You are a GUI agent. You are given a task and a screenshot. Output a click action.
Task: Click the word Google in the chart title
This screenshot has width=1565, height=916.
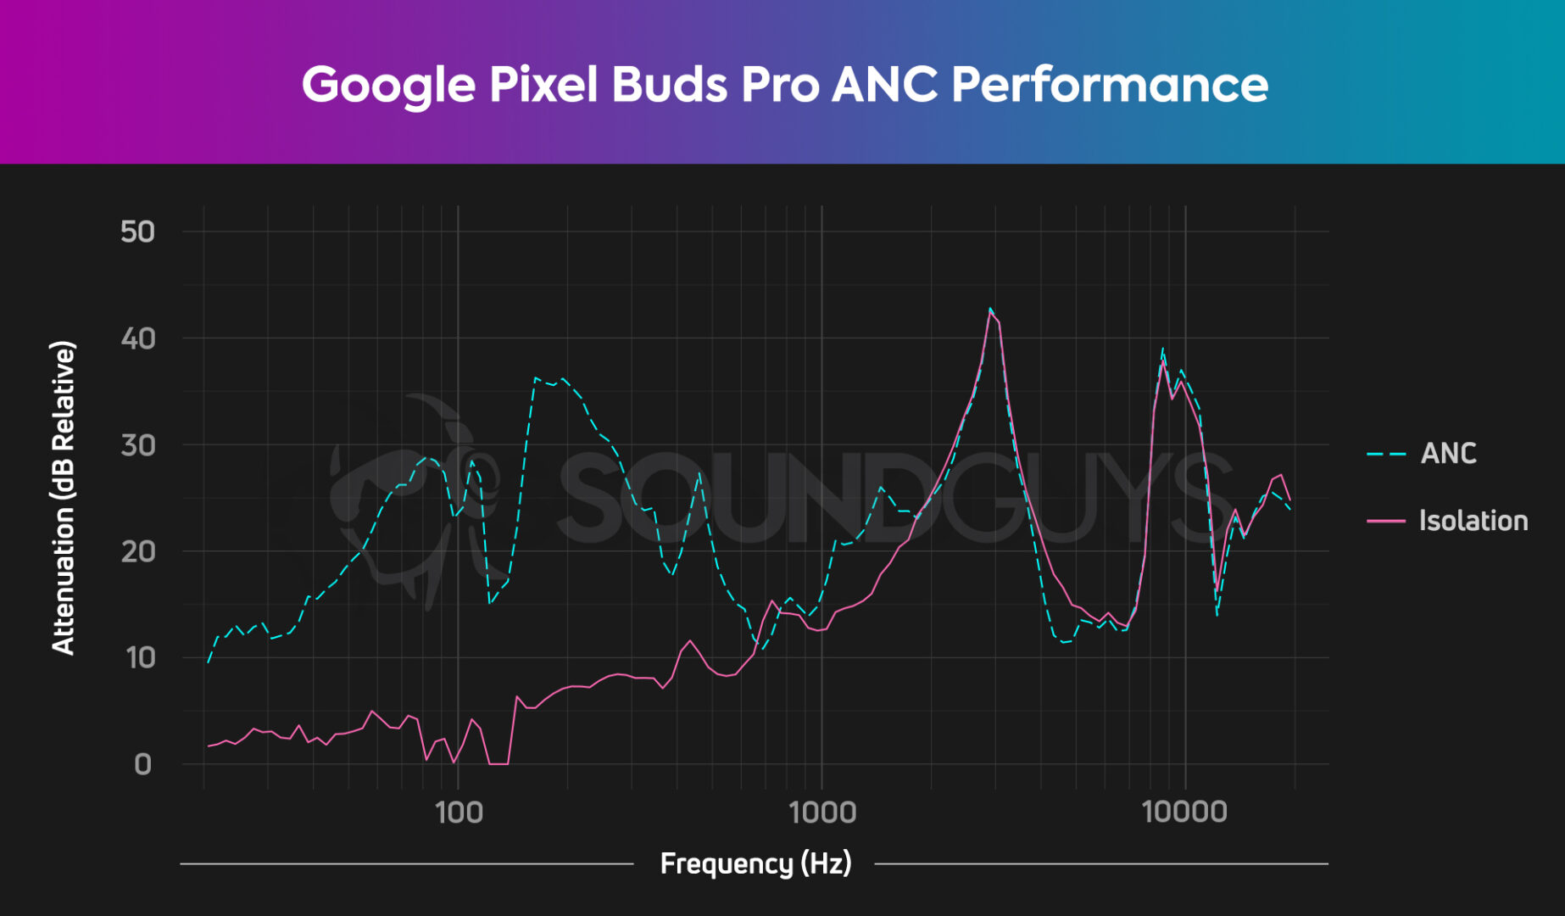388,85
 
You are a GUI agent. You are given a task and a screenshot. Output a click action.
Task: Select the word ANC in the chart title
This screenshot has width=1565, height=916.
883,85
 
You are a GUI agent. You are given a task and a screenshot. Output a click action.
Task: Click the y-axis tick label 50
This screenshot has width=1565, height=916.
137,232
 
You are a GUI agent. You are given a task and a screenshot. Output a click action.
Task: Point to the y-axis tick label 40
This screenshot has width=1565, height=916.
137,338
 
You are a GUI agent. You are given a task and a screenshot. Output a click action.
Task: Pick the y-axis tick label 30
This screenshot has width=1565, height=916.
137,445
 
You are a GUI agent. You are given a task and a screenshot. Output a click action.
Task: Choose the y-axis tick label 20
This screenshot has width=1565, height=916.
137,551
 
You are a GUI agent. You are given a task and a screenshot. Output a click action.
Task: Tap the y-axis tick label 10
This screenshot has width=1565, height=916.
137,658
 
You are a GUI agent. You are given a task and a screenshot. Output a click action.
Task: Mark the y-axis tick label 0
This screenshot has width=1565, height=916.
142,764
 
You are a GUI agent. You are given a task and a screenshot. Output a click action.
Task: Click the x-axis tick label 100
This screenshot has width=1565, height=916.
459,813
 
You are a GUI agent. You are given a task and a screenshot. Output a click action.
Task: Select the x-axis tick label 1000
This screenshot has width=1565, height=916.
821,813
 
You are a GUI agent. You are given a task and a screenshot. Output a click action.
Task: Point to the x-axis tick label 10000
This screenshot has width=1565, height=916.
1184,813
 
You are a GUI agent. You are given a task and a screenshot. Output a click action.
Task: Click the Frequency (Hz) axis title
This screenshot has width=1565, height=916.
755,863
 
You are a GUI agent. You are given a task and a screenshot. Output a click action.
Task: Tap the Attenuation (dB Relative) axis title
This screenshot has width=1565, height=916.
64,498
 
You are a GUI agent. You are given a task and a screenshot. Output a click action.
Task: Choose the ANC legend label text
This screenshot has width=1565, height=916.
1448,454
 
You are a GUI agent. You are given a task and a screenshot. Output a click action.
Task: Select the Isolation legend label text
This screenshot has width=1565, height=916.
1473,521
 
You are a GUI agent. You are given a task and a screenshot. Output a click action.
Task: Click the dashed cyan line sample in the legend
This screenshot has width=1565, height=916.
1386,454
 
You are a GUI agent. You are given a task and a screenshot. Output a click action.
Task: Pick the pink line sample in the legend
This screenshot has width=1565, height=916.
1386,521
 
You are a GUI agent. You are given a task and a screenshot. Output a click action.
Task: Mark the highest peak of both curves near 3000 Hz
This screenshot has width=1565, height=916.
990,310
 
